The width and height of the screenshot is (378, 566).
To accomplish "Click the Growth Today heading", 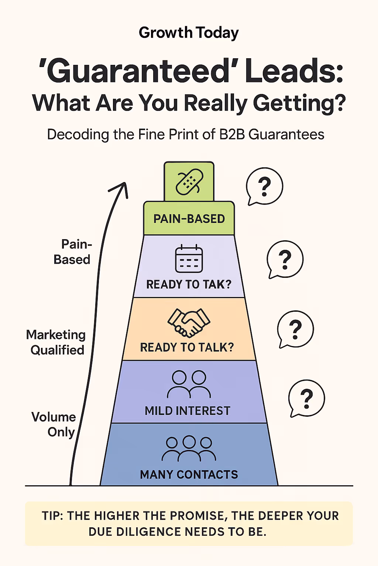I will click(x=189, y=33).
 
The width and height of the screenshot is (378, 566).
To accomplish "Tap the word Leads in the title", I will click(x=294, y=71).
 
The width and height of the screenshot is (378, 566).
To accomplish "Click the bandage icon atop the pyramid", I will click(x=189, y=182).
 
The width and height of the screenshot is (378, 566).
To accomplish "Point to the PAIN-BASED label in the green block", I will click(x=189, y=219).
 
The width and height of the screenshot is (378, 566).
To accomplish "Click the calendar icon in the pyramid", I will click(x=189, y=259).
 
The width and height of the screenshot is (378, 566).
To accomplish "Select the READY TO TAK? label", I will click(x=189, y=284).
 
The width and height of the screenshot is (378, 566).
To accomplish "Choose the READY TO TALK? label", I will click(x=187, y=347).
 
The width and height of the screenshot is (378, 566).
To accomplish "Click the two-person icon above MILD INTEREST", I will click(x=189, y=384).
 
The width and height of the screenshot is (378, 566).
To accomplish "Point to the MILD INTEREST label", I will click(x=188, y=411).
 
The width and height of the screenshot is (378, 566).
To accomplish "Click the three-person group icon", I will click(x=189, y=448).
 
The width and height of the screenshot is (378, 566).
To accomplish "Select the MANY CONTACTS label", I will click(x=189, y=475).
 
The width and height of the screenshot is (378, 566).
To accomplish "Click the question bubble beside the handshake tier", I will click(x=295, y=329).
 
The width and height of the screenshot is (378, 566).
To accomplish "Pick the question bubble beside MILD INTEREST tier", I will click(x=306, y=398).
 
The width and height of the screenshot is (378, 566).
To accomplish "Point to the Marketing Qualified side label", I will click(x=56, y=342).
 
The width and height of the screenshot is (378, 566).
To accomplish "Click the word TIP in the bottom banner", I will click(x=52, y=516).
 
